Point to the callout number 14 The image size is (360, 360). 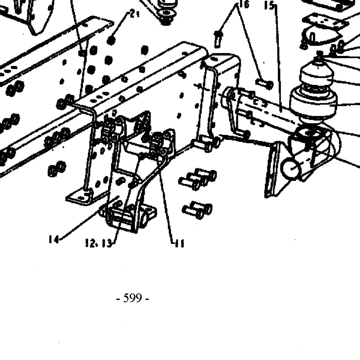point(54,239)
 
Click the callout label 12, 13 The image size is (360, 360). point(98,244)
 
